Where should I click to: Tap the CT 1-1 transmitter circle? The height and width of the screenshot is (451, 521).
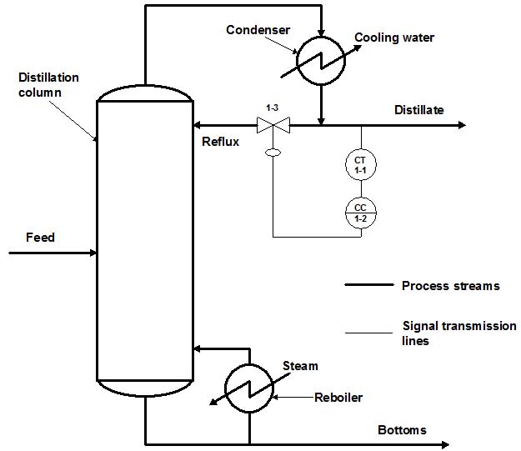pyautogui.click(x=361, y=164)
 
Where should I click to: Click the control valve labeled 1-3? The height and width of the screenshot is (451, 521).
pyautogui.click(x=273, y=126)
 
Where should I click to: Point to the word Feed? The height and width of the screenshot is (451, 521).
pyautogui.click(x=40, y=238)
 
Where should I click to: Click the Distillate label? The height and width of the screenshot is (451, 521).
pyautogui.click(x=419, y=110)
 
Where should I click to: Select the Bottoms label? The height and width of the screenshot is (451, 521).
pyautogui.click(x=402, y=430)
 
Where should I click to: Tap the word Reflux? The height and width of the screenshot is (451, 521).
pyautogui.click(x=221, y=142)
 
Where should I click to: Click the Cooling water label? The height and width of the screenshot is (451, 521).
pyautogui.click(x=394, y=38)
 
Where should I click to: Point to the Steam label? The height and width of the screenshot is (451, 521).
pyautogui.click(x=300, y=366)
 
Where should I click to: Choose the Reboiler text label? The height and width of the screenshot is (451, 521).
pyautogui.click(x=338, y=398)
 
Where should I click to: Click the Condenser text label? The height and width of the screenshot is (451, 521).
pyautogui.click(x=258, y=30)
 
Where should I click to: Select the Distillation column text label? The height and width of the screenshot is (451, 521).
pyautogui.click(x=48, y=85)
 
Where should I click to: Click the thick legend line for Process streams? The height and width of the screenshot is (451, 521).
pyautogui.click(x=368, y=285)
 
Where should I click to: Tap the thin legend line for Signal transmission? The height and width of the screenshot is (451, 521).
pyautogui.click(x=368, y=333)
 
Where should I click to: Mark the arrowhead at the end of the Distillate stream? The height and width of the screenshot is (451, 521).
pyautogui.click(x=461, y=126)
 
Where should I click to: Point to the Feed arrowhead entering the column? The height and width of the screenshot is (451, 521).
pyautogui.click(x=92, y=251)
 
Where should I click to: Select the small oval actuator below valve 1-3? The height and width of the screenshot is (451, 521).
pyautogui.click(x=273, y=153)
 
